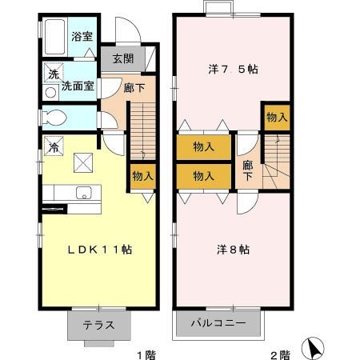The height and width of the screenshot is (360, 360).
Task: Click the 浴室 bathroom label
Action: point(82,36)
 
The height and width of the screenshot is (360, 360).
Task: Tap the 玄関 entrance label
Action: point(122,59)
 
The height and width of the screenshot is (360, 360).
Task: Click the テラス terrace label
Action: point(98,325)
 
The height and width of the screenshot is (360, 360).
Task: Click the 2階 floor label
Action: point(279,353)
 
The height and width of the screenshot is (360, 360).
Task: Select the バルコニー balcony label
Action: point(218,325)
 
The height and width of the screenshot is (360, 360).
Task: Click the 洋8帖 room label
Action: point(233,250)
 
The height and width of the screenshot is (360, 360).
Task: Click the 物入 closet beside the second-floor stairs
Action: point(276,118)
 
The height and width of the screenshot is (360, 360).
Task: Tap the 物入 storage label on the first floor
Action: point(142,176)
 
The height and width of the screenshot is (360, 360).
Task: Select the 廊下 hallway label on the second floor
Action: point(248,170)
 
